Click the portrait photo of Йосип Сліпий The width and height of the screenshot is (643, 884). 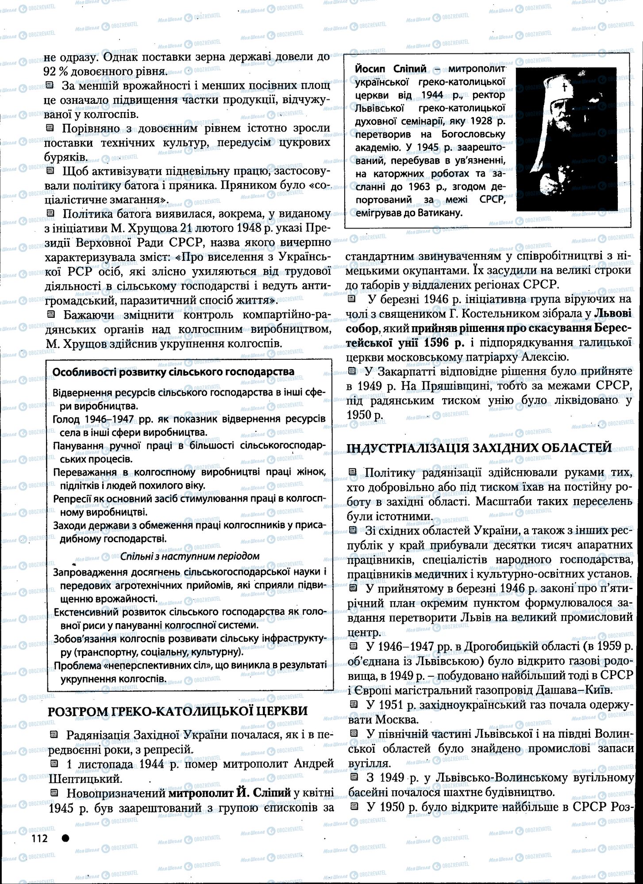point(566,139)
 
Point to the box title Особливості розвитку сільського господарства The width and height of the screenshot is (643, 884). point(173,371)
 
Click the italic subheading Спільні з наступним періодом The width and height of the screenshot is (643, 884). point(190,556)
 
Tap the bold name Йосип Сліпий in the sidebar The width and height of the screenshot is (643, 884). point(390,69)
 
